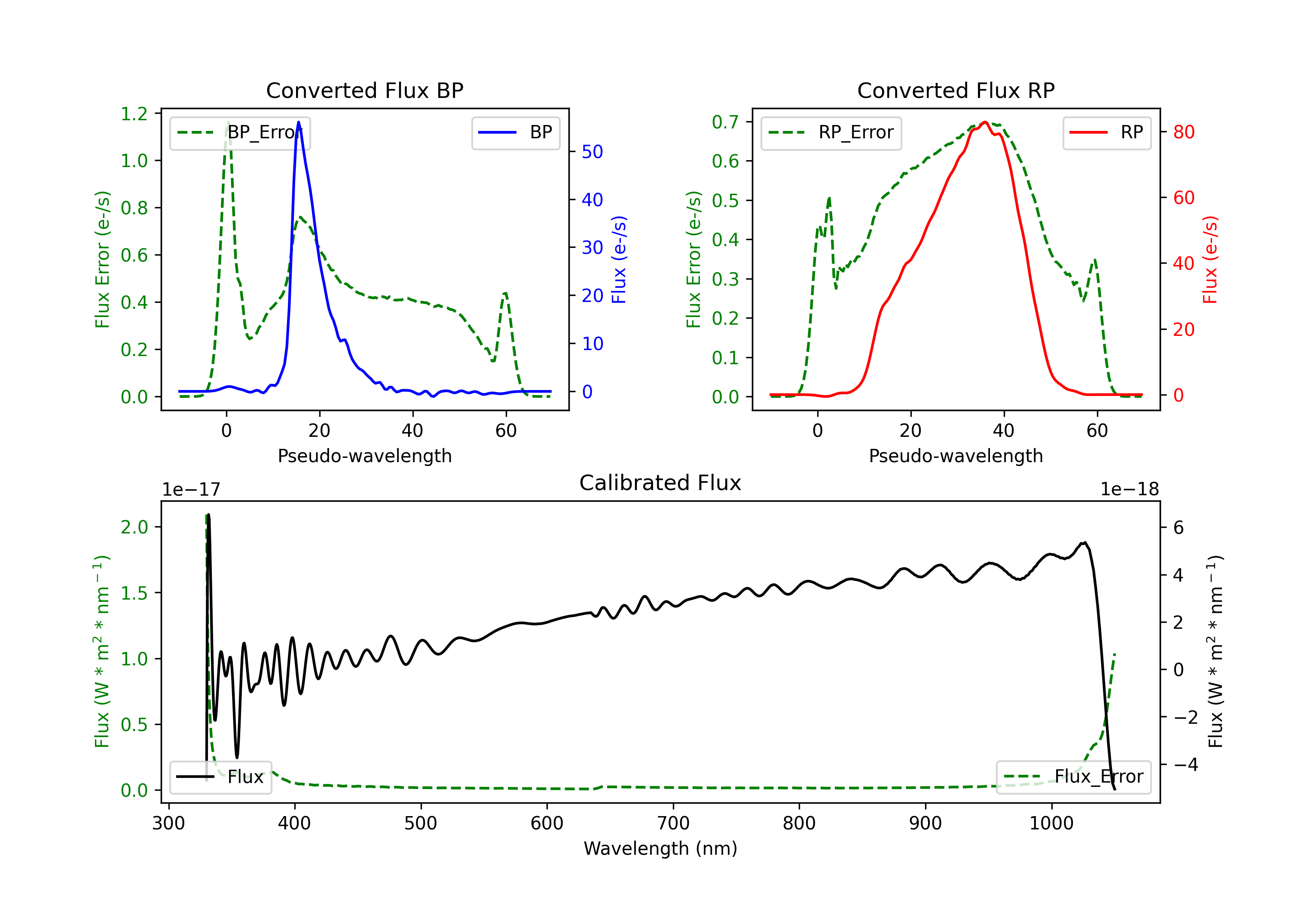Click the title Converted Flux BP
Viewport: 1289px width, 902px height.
pos(364,90)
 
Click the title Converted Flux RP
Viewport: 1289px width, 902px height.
pos(956,90)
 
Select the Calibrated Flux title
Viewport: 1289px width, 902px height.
pos(660,483)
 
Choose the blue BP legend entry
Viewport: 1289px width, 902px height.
pos(515,132)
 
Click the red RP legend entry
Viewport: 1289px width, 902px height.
pos(1106,132)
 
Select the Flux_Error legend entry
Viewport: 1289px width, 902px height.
pos(1073,777)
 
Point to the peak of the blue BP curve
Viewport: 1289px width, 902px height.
pos(298,122)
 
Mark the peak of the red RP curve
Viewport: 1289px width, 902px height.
pos(985,122)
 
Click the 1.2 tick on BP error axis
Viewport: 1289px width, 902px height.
pos(134,114)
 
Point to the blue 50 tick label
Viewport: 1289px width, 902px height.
pos(592,152)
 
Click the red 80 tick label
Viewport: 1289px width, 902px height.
pos(1183,132)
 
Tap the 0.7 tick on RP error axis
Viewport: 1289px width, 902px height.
pos(725,122)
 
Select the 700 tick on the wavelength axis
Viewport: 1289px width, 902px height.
pos(673,823)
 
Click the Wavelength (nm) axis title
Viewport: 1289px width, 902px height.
pos(660,848)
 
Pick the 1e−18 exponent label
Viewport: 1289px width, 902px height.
pos(1130,490)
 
